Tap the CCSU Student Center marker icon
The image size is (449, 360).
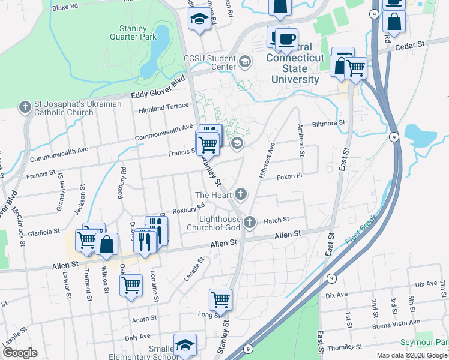[x=244, y=61]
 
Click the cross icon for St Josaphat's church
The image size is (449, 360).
[x=25, y=108]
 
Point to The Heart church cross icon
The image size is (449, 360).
[x=241, y=194]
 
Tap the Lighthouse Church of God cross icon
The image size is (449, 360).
[x=250, y=223]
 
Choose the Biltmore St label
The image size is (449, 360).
[x=328, y=123]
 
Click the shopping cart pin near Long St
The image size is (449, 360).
[x=220, y=299]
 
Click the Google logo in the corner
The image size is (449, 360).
[x=20, y=353]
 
